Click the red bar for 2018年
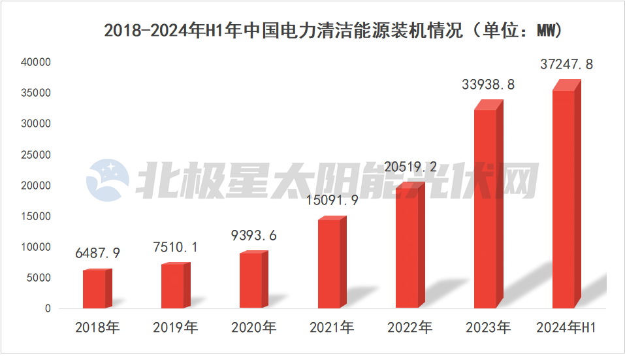(x=94, y=289)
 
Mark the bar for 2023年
(x=485, y=209)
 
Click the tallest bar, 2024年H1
(x=564, y=199)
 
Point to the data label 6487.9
(x=97, y=253)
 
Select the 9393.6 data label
(x=253, y=235)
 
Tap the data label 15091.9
(x=332, y=201)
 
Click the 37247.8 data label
(x=567, y=64)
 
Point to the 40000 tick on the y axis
(x=36, y=62)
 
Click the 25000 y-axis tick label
(x=36, y=155)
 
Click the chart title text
(x=333, y=31)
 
